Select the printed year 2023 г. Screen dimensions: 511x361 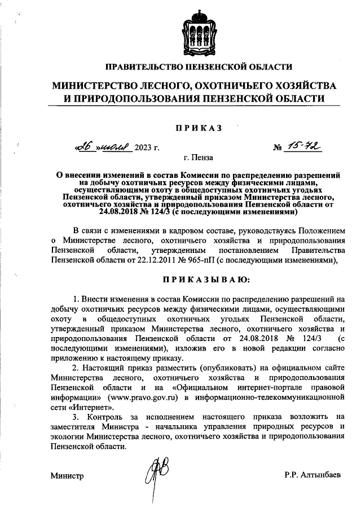tap(147, 149)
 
